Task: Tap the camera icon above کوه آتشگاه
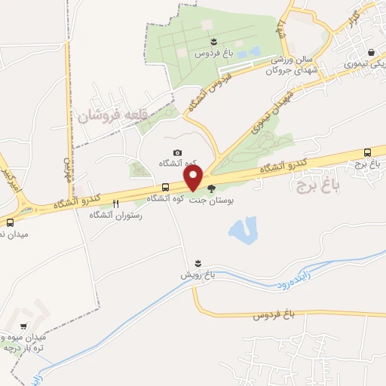tap(177, 153)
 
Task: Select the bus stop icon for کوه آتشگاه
tap(165, 188)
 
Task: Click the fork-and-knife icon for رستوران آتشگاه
tap(115, 204)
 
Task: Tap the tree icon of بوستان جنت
tap(211, 189)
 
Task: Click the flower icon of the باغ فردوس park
tap(215, 42)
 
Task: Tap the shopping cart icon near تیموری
tap(372, 53)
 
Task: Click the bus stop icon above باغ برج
tap(367, 152)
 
